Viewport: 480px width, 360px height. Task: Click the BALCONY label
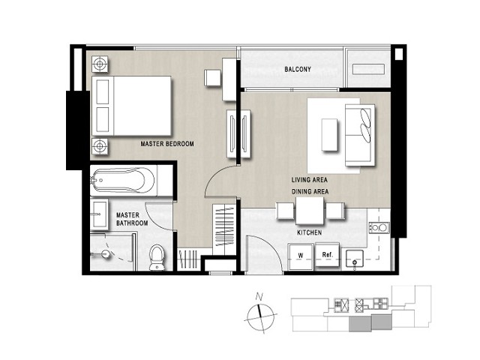[x=298, y=70]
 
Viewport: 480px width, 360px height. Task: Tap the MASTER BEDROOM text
[x=167, y=144]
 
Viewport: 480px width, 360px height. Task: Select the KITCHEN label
[x=310, y=232]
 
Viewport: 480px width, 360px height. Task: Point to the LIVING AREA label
[x=310, y=180]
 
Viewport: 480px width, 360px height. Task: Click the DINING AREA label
[x=310, y=192]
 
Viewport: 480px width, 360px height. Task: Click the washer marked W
[x=301, y=256]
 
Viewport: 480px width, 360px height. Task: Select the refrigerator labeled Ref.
[x=327, y=254]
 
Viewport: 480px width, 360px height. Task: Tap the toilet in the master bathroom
[x=157, y=257]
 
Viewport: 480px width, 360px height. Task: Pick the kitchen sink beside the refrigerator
[x=355, y=259]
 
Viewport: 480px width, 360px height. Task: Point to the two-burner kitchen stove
[x=379, y=228]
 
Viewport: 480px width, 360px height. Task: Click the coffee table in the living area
[x=330, y=135]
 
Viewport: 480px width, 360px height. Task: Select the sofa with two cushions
[x=360, y=135]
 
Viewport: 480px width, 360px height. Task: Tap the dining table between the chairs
[x=310, y=211]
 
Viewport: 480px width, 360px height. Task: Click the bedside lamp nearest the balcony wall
[x=100, y=64]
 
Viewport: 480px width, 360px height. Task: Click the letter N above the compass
[x=259, y=296]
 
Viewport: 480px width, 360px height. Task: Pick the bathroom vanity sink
[x=99, y=214]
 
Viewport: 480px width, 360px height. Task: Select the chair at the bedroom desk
[x=213, y=78]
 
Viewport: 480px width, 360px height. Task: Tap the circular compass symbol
[x=260, y=318]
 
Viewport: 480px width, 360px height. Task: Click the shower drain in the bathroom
[x=106, y=254]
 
